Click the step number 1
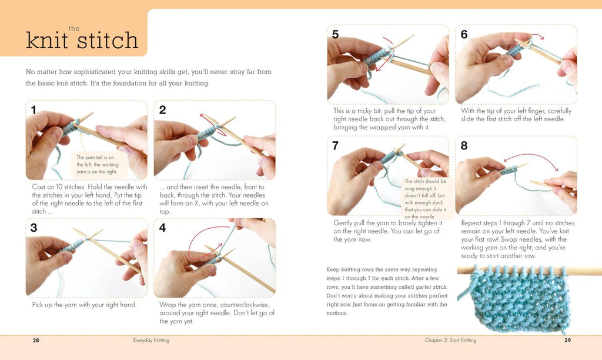pyautogui.click(x=34, y=110)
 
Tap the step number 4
pyautogui.click(x=162, y=228)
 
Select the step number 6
pyautogui.click(x=464, y=35)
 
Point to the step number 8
pyautogui.click(x=464, y=146)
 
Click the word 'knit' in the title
pyautogui.click(x=47, y=41)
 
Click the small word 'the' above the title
pyautogui.click(x=74, y=28)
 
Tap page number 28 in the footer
pyautogui.click(x=36, y=340)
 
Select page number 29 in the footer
pyautogui.click(x=567, y=340)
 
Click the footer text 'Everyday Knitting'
pyautogui.click(x=151, y=340)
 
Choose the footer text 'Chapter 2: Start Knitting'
pyautogui.click(x=450, y=340)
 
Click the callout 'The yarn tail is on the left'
pyautogui.click(x=98, y=165)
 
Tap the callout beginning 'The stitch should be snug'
pyautogui.click(x=426, y=199)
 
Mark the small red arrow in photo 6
pyautogui.click(x=537, y=35)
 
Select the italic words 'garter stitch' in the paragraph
pyautogui.click(x=431, y=287)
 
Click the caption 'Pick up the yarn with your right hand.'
pyautogui.click(x=84, y=305)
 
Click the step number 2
pyautogui.click(x=162, y=110)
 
